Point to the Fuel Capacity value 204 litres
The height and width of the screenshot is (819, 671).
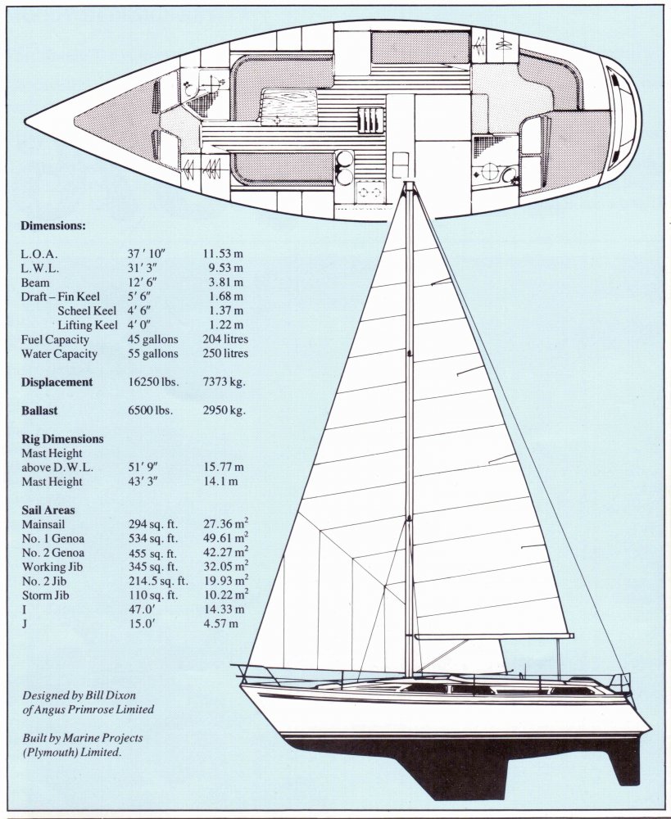point(224,339)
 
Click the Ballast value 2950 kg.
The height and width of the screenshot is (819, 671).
point(224,410)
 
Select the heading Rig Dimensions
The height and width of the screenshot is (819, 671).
point(62,439)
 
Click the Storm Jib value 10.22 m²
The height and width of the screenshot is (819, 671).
point(225,595)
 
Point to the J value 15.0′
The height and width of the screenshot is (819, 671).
point(134,624)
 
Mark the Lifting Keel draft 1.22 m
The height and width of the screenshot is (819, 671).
point(223,325)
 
